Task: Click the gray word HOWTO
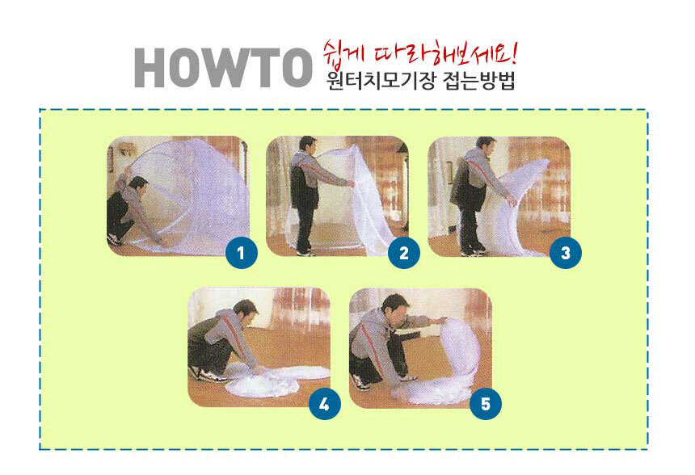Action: (x=223, y=67)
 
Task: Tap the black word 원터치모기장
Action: (x=381, y=81)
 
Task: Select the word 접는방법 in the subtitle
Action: (x=479, y=81)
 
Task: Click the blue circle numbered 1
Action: (x=241, y=253)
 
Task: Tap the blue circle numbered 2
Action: (x=404, y=253)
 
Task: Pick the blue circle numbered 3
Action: (x=566, y=253)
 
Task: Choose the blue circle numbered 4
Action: (x=324, y=404)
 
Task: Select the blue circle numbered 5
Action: (x=486, y=404)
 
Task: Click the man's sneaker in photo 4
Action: (x=213, y=376)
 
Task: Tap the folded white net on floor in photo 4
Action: (x=275, y=380)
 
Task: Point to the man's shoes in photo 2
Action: (x=305, y=253)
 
